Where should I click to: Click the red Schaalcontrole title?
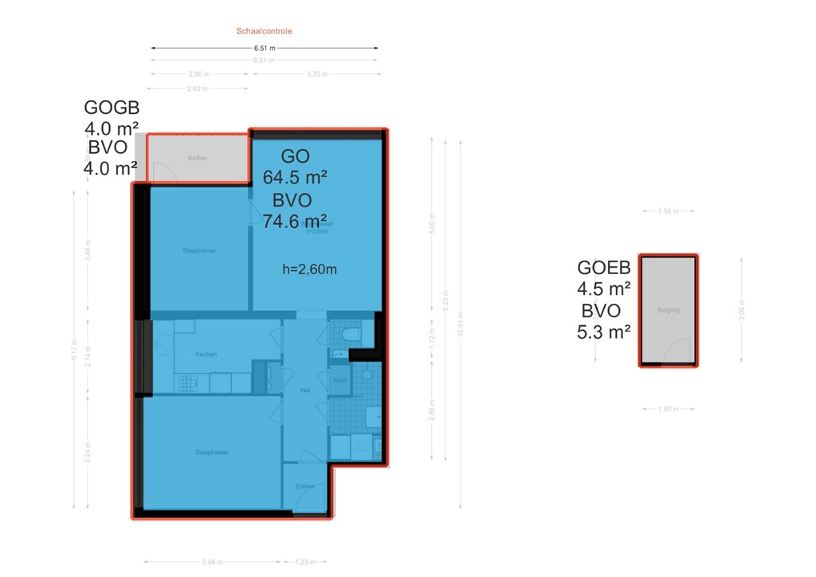(264, 32)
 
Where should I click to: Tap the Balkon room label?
(198, 158)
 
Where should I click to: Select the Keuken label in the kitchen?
(206, 354)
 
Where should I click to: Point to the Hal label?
(304, 391)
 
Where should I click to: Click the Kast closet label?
(339, 380)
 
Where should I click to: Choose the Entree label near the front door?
(305, 486)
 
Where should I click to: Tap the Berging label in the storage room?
(669, 310)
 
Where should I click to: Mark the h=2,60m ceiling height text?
(309, 269)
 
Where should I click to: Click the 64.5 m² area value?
(296, 177)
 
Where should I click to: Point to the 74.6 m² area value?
(296, 221)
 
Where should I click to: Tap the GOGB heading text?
(112, 108)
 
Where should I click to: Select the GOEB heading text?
(604, 268)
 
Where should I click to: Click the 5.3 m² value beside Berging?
(604, 332)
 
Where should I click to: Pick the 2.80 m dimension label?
(198, 74)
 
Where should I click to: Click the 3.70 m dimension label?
(316, 74)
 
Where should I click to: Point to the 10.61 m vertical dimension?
(460, 323)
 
